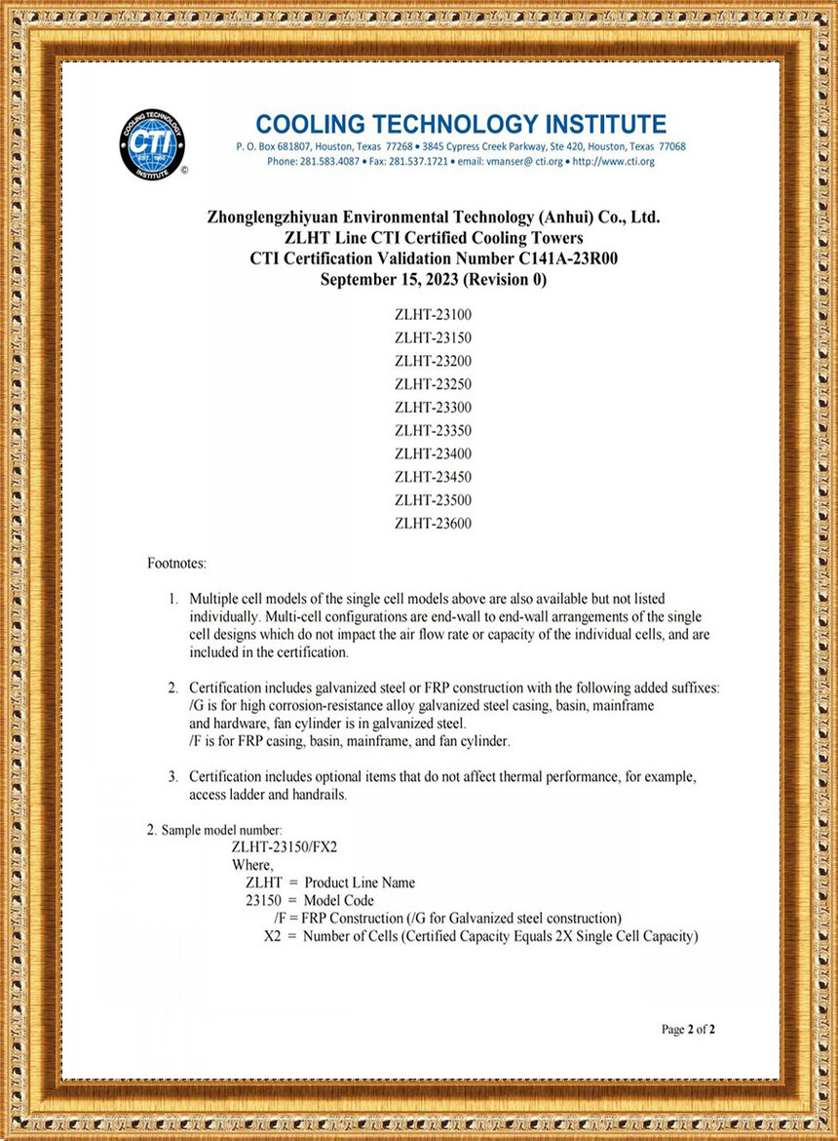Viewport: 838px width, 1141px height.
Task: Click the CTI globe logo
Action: point(152,143)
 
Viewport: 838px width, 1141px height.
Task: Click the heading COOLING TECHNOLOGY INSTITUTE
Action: point(461,124)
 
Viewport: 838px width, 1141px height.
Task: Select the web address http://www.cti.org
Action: point(613,161)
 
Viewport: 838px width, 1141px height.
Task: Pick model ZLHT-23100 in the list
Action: point(433,314)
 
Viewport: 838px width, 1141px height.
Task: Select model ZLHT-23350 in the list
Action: point(433,430)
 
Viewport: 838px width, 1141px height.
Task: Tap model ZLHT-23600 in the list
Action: point(433,524)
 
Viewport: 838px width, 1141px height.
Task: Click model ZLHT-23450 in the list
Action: point(433,477)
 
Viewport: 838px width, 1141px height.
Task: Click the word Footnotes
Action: point(176,564)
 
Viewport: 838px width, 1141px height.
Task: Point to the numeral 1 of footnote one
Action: point(173,598)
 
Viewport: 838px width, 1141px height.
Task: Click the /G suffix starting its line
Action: point(197,705)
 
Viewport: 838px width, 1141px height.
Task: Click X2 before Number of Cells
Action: point(273,936)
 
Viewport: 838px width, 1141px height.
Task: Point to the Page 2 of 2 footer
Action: point(688,1029)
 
